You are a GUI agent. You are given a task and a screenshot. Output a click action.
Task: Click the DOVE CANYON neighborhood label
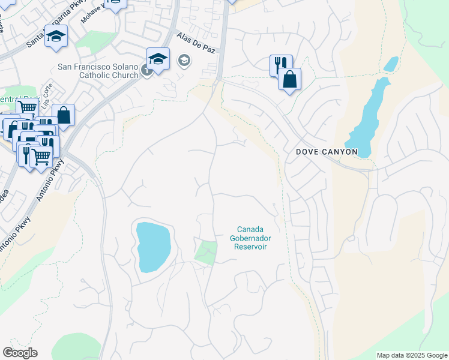pyautogui.click(x=327, y=152)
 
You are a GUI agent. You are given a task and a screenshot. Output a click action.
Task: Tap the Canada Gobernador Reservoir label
pyautogui.click(x=250, y=238)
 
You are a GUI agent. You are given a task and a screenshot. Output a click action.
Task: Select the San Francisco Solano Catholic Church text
pyautogui.click(x=98, y=71)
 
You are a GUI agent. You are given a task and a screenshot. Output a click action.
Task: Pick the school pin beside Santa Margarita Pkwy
pyautogui.click(x=56, y=36)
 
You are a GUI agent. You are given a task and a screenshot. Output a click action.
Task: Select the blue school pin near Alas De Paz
pyautogui.click(x=158, y=59)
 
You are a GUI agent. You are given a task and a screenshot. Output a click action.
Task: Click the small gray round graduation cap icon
pyautogui.click(x=184, y=60)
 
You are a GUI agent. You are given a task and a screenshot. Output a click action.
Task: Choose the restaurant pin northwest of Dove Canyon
pyautogui.click(x=280, y=64)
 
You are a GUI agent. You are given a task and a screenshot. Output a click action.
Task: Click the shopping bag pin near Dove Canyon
pyautogui.click(x=289, y=79)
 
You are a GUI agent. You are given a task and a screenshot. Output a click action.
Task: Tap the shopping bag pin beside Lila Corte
pyautogui.click(x=63, y=115)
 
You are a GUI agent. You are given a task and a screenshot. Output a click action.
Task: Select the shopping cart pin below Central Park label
pyautogui.click(x=26, y=109)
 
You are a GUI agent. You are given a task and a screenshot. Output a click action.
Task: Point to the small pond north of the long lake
pyautogui.click(x=391, y=64)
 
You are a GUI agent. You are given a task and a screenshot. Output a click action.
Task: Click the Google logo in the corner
pyautogui.click(x=20, y=353)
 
